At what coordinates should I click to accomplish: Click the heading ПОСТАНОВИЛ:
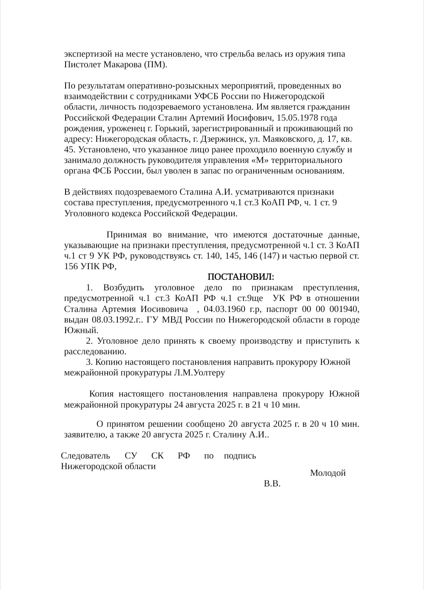pyautogui.click(x=241, y=277)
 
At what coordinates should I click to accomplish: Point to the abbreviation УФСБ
pyautogui.click(x=208, y=96)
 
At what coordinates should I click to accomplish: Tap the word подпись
pyautogui.click(x=240, y=456)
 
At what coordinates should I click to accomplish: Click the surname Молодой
pyautogui.click(x=328, y=473)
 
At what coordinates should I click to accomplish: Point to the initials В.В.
pyautogui.click(x=272, y=484)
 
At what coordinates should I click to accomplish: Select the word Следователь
pyautogui.click(x=86, y=456)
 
